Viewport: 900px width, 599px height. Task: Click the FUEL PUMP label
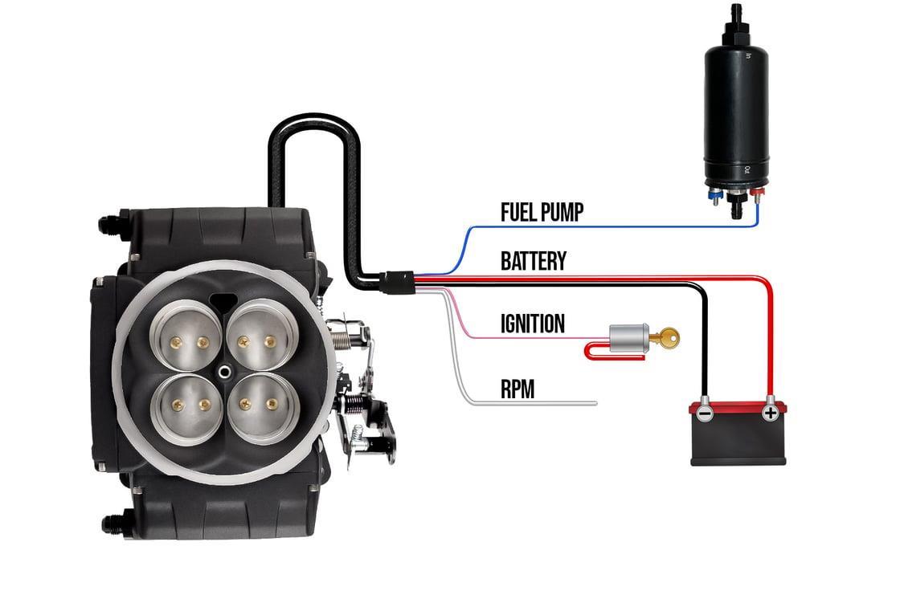point(542,212)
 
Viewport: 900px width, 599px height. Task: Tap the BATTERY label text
point(533,262)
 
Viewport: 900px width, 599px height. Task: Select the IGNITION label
point(532,324)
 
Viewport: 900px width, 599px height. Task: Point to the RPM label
point(517,389)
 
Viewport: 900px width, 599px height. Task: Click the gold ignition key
point(665,338)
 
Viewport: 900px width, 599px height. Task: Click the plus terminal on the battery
point(770,413)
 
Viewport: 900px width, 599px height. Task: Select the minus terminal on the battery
point(704,413)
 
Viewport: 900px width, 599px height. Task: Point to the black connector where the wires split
point(397,280)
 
